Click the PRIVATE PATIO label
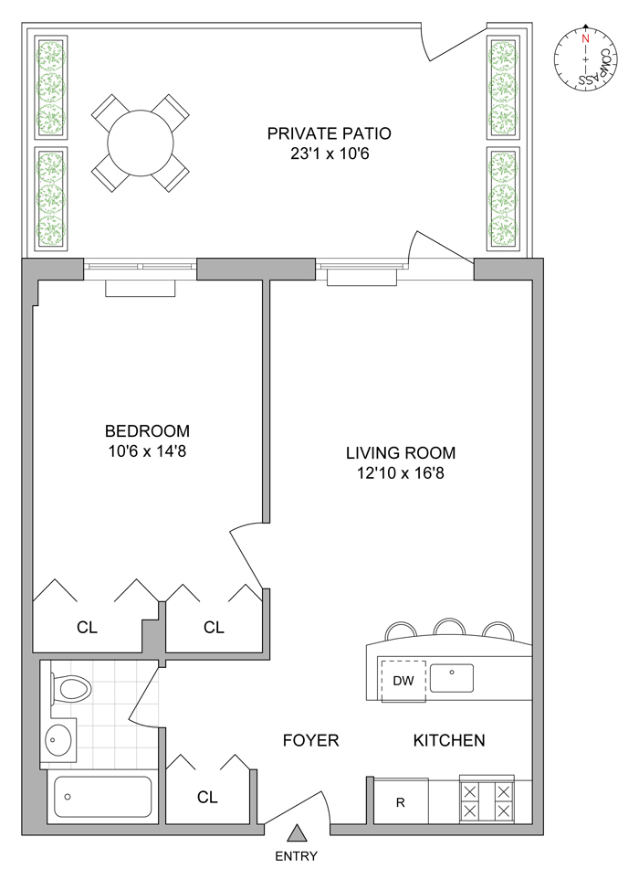[329, 133]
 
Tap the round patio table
[141, 143]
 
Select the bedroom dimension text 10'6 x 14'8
[147, 451]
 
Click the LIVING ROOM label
[401, 453]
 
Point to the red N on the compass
[586, 39]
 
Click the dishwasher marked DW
[403, 681]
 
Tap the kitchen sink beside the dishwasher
[451, 678]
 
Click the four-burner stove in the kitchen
[487, 800]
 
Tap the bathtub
[102, 797]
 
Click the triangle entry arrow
[296, 832]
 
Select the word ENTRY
[296, 856]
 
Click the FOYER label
[310, 740]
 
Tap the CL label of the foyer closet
[207, 798]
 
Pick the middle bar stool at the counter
[450, 627]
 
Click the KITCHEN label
[449, 740]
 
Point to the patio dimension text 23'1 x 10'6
[330, 154]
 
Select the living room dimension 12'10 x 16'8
[401, 472]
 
